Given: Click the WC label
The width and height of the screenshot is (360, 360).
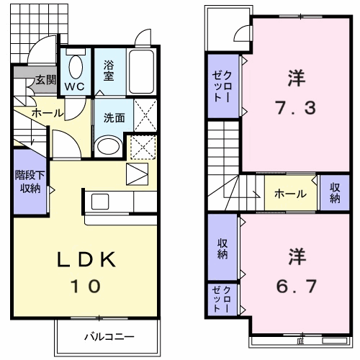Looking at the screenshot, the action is (x=74, y=86).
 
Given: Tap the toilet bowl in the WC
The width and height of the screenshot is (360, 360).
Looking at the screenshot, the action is (x=76, y=67).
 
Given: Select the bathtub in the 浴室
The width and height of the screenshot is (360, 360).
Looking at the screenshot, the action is (x=141, y=71).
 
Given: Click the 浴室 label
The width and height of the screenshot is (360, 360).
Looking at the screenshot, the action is (x=109, y=71).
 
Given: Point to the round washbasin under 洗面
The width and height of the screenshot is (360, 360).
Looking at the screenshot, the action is (x=108, y=146).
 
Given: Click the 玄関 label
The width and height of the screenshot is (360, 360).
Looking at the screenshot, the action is (x=46, y=80).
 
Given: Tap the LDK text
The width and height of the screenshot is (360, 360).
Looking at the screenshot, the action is (x=86, y=259).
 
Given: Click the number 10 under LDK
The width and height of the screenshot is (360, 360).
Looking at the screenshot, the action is (x=86, y=286).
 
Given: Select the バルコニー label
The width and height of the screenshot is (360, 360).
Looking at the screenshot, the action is (x=109, y=337).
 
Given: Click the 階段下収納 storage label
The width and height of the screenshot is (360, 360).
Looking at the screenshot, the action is (x=30, y=181).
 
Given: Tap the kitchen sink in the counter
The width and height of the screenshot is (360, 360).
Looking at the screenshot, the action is (x=100, y=202).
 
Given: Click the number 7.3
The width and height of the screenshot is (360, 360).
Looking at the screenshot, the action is (x=296, y=108).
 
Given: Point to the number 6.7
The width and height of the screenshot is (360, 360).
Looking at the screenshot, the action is (x=296, y=286).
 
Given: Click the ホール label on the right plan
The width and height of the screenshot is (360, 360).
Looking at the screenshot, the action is (x=290, y=194).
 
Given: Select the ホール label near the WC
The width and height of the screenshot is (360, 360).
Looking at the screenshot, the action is (x=48, y=113).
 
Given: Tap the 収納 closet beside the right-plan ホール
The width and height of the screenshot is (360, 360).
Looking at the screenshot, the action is (x=335, y=193).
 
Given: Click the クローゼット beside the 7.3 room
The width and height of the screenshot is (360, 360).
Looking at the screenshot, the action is (x=223, y=86).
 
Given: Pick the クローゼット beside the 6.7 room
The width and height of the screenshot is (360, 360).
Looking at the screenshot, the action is (x=222, y=300).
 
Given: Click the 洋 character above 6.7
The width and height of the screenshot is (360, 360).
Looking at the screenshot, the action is (x=297, y=256).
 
